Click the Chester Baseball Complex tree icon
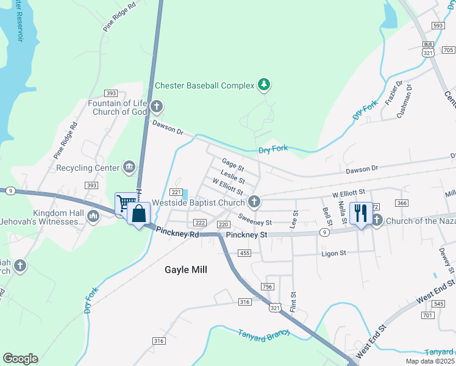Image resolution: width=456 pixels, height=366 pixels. (x=263, y=85)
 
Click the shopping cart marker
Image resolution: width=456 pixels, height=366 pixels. (x=125, y=203)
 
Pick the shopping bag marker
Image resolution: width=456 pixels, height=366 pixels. (x=139, y=214)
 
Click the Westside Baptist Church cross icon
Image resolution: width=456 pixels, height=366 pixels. (x=254, y=202)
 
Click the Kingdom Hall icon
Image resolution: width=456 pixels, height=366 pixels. (x=93, y=216)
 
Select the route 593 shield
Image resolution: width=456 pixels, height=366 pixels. (x=436, y=26)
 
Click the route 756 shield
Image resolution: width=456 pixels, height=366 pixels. (x=267, y=287)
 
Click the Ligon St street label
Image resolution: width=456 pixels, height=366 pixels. (x=334, y=253)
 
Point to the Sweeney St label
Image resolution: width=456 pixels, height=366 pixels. (x=255, y=220)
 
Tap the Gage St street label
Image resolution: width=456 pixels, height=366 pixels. (x=233, y=165)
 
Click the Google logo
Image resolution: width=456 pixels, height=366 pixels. (x=20, y=359)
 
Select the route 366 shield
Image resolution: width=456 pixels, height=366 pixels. (x=401, y=203)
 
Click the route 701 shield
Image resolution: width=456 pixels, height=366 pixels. (x=427, y=315)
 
